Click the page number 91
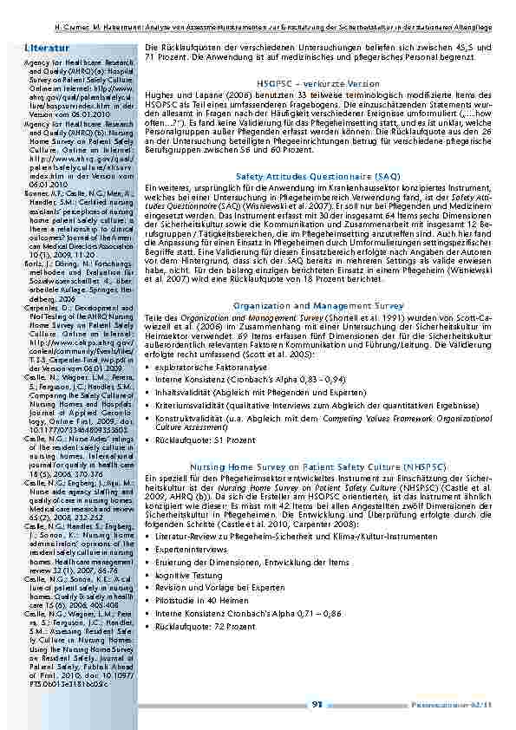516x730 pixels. tap(317, 703)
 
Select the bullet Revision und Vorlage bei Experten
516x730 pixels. tap(216, 563)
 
